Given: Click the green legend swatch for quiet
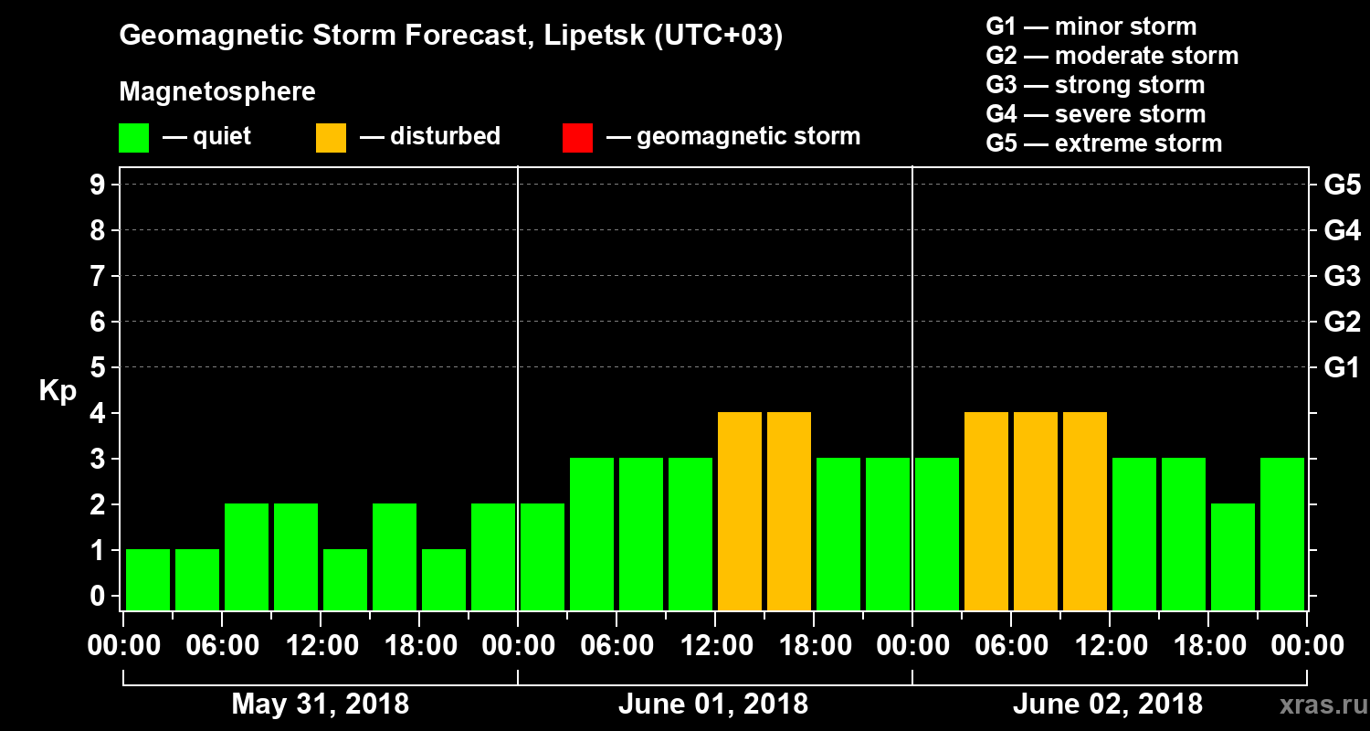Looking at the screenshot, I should coord(133,137).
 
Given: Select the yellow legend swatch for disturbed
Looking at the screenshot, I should coord(331,137).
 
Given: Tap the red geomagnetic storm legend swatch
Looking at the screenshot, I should coord(577,137).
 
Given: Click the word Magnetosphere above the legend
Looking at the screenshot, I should coord(217,92).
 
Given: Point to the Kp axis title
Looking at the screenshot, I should coord(58,390).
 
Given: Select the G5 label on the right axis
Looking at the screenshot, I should coord(1342,185).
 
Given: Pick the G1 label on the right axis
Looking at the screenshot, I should coord(1342,368).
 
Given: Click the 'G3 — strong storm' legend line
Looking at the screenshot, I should coord(1095,85).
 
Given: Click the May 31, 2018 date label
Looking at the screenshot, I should coord(321,705).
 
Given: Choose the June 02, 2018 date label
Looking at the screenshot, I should coord(1108,705).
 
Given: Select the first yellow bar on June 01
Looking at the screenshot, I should coord(740,511).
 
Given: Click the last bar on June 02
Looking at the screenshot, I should coord(1282,534).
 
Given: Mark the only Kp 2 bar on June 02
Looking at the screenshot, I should coord(1233,556).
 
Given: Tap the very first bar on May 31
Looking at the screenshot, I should coord(148,579).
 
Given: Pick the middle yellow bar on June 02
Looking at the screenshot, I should coord(1036,511).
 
